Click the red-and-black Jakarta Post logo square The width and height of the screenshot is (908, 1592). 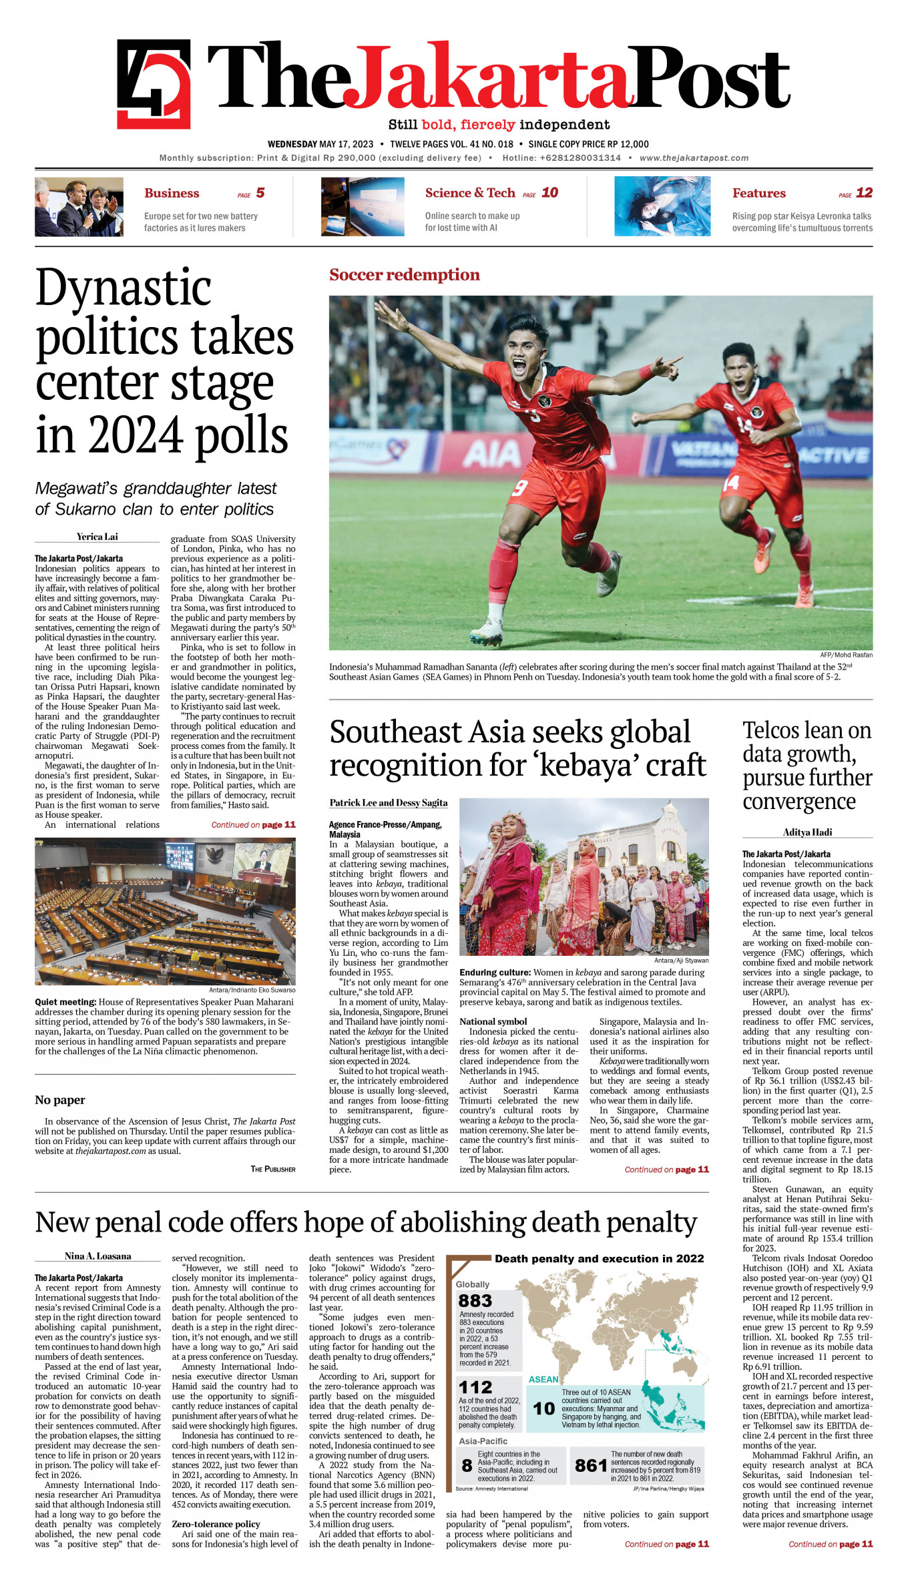click(154, 83)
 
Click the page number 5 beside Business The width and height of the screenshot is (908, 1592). click(260, 193)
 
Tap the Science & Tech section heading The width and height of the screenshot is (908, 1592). click(470, 193)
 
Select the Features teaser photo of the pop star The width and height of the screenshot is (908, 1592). click(662, 206)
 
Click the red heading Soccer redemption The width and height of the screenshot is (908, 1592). click(404, 275)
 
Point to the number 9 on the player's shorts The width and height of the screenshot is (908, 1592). click(519, 489)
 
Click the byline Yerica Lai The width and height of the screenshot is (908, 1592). click(97, 537)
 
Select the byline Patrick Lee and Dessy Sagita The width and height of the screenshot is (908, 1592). click(389, 803)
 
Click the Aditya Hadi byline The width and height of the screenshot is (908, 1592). click(807, 832)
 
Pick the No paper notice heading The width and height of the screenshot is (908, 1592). click(60, 1100)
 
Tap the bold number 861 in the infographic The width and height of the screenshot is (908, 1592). click(591, 1465)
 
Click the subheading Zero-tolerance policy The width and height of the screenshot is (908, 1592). click(216, 1524)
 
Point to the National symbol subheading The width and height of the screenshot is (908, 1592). click(493, 1021)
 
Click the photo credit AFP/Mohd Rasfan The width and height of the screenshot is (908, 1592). click(846, 655)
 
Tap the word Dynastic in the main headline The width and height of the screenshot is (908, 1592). click(124, 288)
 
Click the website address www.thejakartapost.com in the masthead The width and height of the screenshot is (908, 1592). click(694, 158)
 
